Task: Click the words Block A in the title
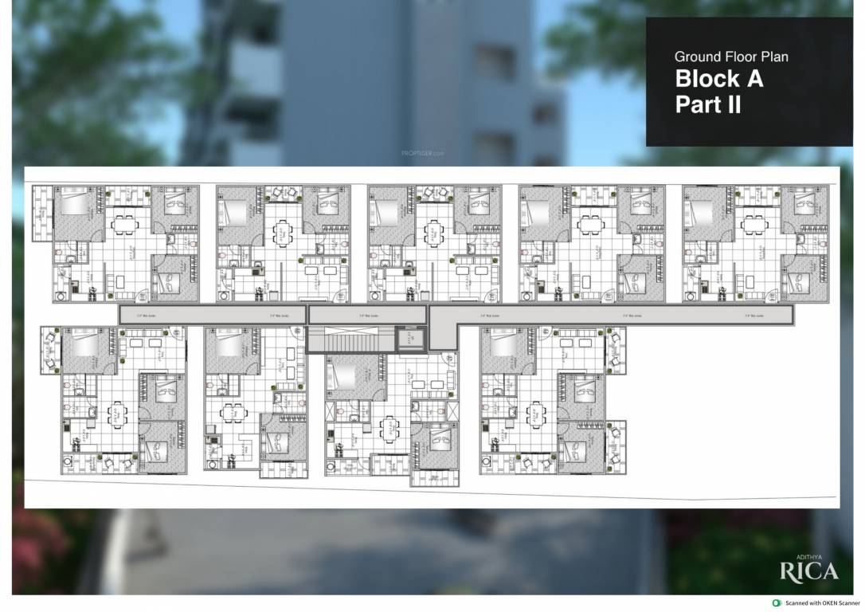(x=719, y=79)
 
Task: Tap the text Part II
(x=708, y=104)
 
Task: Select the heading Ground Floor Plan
(x=731, y=57)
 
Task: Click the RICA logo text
(x=808, y=571)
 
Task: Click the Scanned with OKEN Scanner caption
(x=824, y=603)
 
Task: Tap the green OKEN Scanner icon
(x=777, y=603)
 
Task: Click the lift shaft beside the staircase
(x=411, y=339)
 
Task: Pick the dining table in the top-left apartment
(x=123, y=226)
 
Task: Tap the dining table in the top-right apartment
(x=752, y=226)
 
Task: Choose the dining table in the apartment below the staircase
(x=389, y=429)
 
